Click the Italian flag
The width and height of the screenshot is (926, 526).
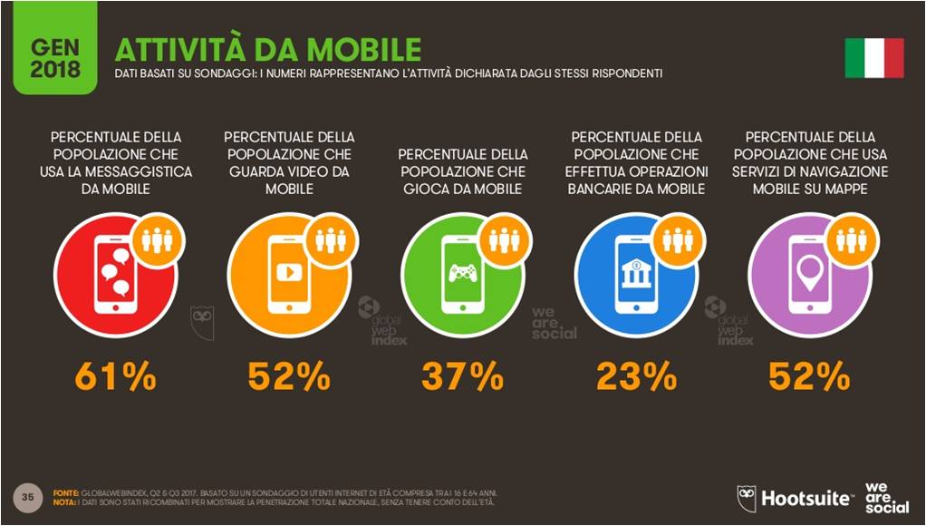874,58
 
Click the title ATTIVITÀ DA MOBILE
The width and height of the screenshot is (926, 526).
267,49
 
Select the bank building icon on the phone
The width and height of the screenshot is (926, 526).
636,270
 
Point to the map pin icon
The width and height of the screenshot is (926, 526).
809,268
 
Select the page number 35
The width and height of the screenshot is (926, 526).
28,496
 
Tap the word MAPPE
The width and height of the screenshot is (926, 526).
844,189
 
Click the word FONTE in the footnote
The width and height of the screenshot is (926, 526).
66,492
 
